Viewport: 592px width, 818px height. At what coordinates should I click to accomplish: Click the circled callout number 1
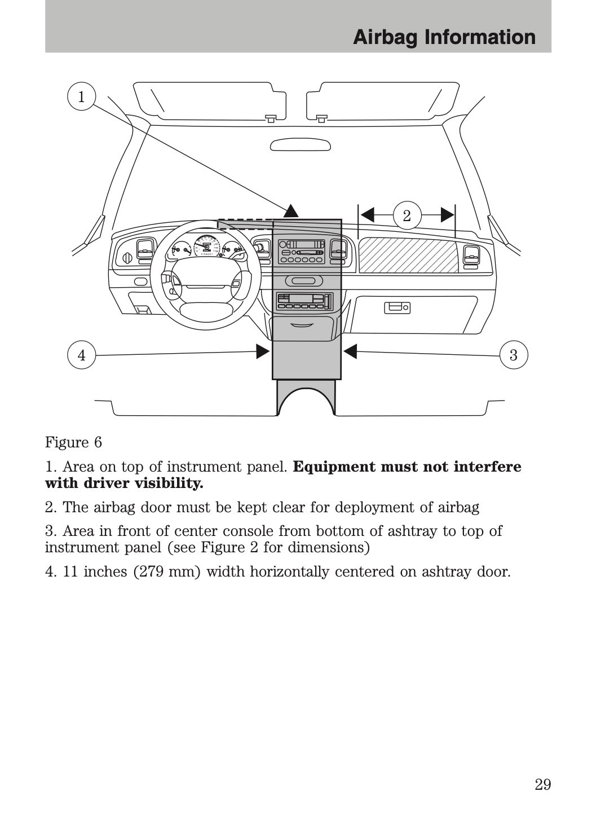click(81, 96)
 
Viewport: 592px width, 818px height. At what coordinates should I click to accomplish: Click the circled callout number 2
click(407, 215)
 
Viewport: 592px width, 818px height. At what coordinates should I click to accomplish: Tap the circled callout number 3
click(513, 355)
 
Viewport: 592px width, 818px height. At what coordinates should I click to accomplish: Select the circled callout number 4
click(82, 355)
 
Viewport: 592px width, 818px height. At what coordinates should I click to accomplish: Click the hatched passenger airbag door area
click(408, 255)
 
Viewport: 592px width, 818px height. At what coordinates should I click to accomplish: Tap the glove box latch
click(397, 307)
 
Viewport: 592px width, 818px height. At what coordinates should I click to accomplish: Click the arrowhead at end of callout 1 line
click(291, 211)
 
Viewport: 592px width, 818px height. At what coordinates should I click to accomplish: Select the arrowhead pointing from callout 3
click(350, 351)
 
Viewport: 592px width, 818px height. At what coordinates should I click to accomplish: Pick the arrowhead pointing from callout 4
click(263, 351)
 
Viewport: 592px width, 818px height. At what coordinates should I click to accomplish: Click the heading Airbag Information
click(444, 37)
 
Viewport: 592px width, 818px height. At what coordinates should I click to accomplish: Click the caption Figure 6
click(73, 442)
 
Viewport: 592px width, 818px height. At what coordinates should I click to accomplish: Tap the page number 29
click(542, 784)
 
